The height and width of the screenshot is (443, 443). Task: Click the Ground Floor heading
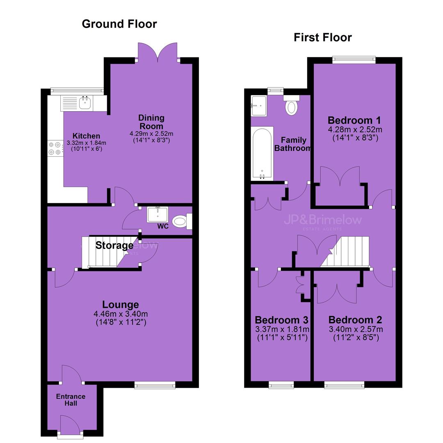119,24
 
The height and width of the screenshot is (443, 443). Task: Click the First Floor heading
323,37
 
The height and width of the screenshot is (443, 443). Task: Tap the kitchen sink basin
85,103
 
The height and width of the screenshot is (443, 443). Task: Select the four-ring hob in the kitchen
55,148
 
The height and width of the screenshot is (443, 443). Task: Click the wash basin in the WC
158,215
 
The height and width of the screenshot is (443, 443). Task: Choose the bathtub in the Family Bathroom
262,153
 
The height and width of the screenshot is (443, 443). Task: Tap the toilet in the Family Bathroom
291,105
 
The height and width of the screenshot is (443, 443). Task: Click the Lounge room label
120,304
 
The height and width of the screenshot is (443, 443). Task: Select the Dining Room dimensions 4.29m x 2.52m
151,134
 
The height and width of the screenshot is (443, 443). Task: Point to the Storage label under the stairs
114,245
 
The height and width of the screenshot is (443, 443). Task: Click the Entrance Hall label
71,400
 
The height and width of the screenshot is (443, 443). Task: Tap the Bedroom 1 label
354,120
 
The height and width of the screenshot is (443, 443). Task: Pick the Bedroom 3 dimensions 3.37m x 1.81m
282,329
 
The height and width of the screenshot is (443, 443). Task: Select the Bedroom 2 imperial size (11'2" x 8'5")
356,337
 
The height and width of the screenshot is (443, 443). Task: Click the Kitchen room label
86,136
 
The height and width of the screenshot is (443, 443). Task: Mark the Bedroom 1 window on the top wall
354,59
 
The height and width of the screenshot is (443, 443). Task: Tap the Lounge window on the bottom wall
155,385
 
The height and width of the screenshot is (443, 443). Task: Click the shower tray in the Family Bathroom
258,106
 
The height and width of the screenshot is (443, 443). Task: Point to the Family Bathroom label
293,144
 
